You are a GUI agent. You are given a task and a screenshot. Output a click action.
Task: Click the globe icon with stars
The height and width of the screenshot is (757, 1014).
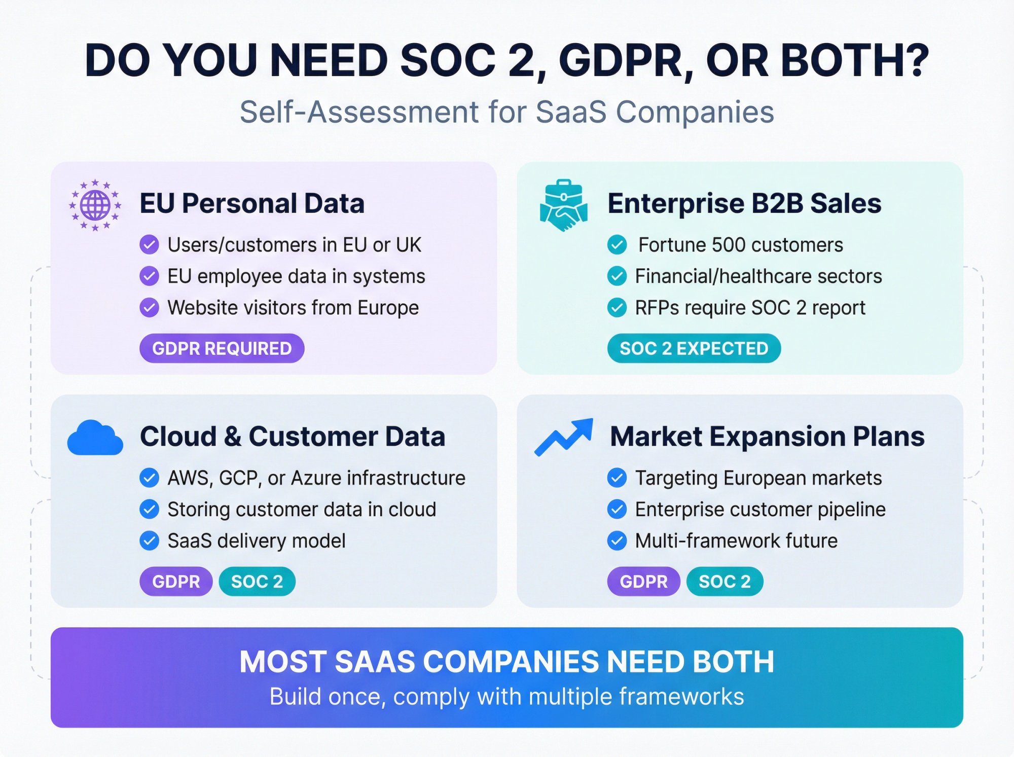point(95,205)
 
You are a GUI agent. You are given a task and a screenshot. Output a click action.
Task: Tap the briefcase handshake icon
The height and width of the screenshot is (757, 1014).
point(563,205)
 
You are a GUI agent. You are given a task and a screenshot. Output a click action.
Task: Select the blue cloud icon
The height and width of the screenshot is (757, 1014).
point(95,438)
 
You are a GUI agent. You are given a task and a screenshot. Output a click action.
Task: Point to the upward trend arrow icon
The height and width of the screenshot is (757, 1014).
point(564,437)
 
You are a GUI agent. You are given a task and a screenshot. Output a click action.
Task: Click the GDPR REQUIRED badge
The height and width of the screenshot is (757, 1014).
point(222,348)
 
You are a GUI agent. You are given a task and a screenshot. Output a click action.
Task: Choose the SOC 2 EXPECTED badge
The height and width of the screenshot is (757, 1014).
point(694,348)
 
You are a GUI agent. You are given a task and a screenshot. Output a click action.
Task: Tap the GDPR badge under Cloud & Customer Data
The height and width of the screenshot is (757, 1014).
point(176,581)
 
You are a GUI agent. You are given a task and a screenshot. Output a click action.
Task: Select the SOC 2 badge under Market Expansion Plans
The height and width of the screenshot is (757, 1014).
point(725,581)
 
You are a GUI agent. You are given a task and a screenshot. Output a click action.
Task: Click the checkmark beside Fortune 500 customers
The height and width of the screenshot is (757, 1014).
point(617,245)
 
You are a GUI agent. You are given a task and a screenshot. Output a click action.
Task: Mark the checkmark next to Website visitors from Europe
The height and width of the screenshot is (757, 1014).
point(149,307)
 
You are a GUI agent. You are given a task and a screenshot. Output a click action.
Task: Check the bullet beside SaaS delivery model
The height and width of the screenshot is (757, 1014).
point(149,540)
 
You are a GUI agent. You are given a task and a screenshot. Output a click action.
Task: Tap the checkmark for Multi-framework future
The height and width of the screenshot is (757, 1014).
point(617,540)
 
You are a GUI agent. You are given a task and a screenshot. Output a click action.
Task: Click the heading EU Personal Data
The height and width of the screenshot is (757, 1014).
point(252,203)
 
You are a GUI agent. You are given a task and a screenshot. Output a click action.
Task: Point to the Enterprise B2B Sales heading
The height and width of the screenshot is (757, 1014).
point(744,203)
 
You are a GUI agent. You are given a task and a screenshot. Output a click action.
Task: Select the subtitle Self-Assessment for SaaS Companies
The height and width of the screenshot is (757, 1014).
point(507,112)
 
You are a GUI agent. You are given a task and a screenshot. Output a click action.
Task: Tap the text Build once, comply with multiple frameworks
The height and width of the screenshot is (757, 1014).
point(507,697)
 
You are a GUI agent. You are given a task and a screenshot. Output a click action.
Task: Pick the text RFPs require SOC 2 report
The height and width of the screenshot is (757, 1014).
point(750,308)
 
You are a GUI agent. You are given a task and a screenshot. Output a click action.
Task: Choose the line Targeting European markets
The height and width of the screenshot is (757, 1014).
point(758,478)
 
